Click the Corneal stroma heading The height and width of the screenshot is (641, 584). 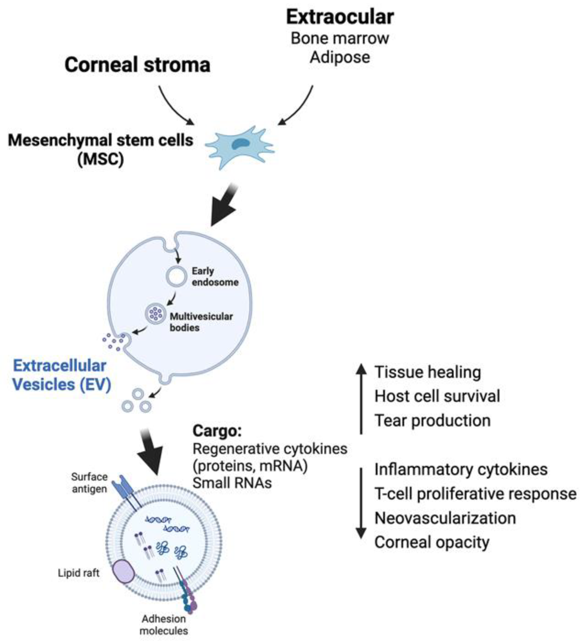137,65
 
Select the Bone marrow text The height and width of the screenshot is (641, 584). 340,38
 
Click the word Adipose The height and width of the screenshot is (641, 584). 340,58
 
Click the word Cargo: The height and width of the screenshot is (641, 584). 217,431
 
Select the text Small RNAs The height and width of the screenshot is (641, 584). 232,483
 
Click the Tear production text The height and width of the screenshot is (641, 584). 432,421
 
